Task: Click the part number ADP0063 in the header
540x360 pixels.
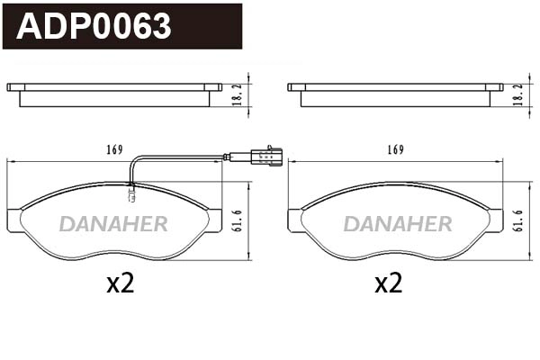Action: point(94,27)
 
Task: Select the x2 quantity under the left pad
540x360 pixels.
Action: point(120,284)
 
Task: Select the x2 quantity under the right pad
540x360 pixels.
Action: point(388,284)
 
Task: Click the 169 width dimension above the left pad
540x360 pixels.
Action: point(113,149)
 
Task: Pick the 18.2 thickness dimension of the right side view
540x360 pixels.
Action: point(519,93)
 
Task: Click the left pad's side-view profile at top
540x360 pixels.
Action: point(114,94)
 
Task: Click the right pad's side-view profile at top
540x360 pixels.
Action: point(395,94)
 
